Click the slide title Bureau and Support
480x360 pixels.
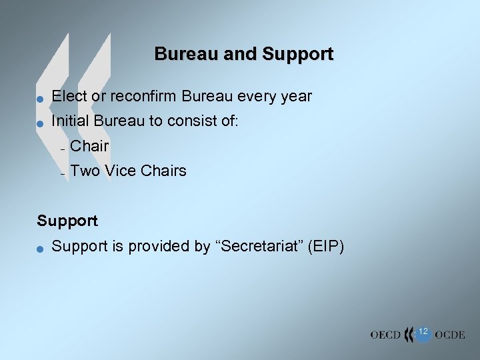click(243, 54)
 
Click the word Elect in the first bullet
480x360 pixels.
click(69, 96)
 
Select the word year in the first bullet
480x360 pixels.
click(296, 96)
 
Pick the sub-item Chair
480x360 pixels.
click(89, 146)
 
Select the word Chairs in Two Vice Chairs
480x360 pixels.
click(163, 171)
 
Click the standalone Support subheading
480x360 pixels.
click(67, 221)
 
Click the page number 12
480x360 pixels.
click(423, 331)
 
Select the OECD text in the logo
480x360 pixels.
click(386, 335)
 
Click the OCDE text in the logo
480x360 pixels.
click(449, 335)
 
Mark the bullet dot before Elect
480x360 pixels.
click(40, 98)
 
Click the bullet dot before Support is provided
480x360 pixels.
click(40, 248)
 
